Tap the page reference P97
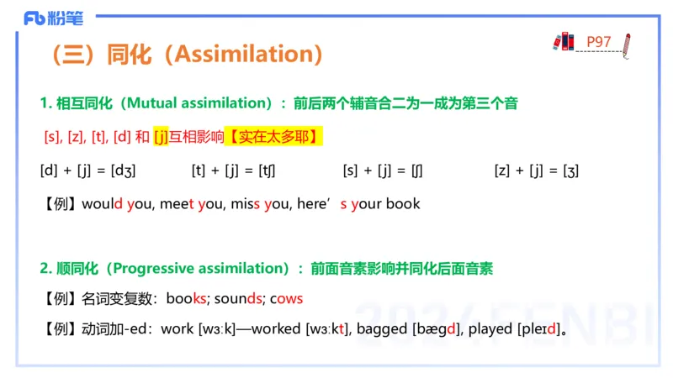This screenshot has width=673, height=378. [x=598, y=40]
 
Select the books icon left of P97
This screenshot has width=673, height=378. [x=563, y=41]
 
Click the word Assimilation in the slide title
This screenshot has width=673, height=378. [x=246, y=55]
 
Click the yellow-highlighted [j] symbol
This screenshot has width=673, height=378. [x=161, y=136]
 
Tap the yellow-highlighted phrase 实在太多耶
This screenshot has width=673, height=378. [x=276, y=136]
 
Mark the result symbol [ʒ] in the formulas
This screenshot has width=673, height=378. [x=570, y=171]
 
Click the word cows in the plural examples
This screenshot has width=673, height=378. [x=286, y=298]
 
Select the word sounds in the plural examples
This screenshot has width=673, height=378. [x=242, y=298]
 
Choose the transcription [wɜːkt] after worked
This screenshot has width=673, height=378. [x=329, y=328]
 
